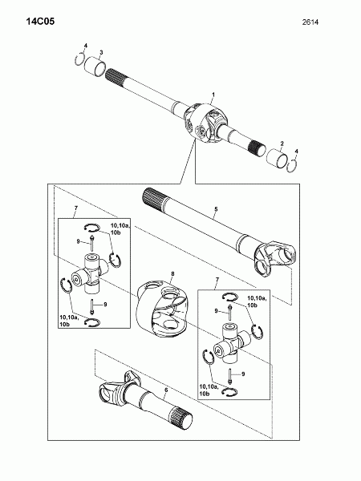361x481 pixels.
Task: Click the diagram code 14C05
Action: [x=40, y=22]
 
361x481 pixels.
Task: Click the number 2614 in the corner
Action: [x=310, y=22]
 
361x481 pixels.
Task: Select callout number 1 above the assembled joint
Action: [x=213, y=94]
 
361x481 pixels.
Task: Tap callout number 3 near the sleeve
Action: [x=101, y=52]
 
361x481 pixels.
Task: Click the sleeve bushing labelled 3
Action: [x=95, y=67]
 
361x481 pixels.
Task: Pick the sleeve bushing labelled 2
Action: [x=277, y=159]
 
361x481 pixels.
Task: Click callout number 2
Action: [x=282, y=143]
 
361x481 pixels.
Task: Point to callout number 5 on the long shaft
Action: [x=216, y=209]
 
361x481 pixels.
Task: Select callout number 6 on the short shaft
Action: [x=166, y=390]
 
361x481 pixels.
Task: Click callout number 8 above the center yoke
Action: [x=172, y=273]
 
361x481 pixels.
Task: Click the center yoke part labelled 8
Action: [x=161, y=308]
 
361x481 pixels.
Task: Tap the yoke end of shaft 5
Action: [x=274, y=259]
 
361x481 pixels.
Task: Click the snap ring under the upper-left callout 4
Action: [x=79, y=59]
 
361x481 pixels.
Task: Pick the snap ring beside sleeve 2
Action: [x=292, y=166]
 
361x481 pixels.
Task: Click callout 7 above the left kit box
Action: [x=76, y=208]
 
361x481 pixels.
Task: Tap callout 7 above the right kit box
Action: [x=217, y=280]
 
